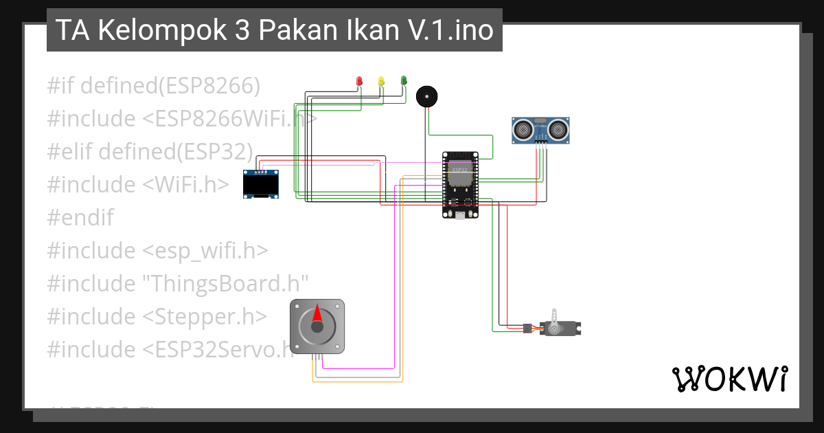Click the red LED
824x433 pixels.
point(358,81)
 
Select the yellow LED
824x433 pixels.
point(381,81)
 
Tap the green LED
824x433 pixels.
point(403,80)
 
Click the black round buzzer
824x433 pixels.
point(426,96)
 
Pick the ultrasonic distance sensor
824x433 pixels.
point(540,130)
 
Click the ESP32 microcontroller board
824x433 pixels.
point(459,184)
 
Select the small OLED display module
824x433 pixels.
point(262,184)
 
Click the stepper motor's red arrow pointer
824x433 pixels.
point(317,314)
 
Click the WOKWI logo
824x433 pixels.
point(729,379)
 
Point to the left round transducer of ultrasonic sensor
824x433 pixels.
point(523,128)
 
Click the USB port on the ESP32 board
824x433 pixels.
point(459,214)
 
